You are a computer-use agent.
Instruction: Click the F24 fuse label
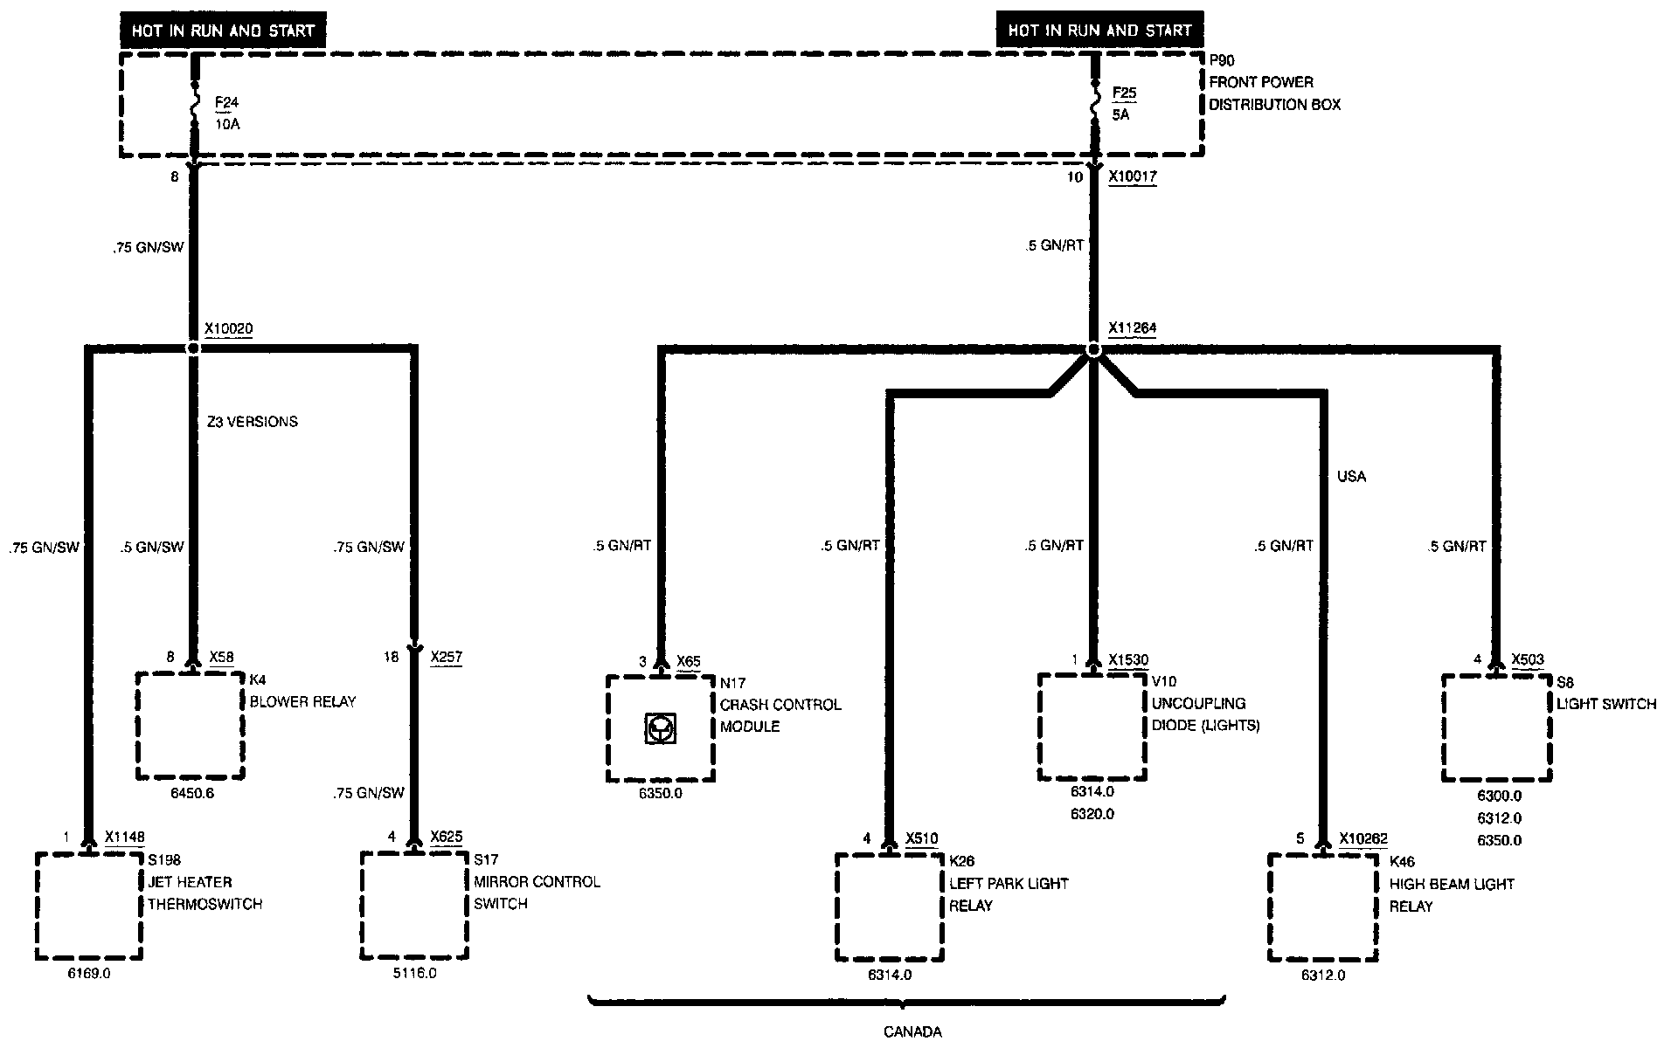(x=226, y=103)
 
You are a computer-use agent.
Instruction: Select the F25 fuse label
(x=1124, y=93)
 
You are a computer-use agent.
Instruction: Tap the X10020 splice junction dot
(x=194, y=348)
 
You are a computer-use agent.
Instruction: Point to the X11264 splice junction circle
(x=1092, y=349)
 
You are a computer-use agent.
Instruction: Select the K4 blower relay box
(x=191, y=725)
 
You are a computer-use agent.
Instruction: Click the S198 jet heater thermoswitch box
(x=88, y=906)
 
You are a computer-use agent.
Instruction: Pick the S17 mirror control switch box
(x=415, y=906)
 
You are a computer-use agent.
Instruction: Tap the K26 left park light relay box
(x=890, y=907)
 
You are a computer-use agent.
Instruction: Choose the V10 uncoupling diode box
(x=1092, y=727)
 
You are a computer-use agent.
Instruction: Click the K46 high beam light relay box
(x=1323, y=907)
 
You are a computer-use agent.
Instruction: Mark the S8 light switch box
(x=1497, y=727)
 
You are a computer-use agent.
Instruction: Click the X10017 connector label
(x=1133, y=176)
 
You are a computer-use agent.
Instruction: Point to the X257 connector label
(x=447, y=657)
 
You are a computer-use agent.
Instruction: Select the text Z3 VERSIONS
(x=252, y=422)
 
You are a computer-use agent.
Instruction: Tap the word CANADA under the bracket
(x=912, y=1031)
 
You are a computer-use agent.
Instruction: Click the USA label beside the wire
(x=1351, y=477)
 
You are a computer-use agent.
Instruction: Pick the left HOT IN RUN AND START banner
(x=223, y=31)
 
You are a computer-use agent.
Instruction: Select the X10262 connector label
(x=1363, y=838)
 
